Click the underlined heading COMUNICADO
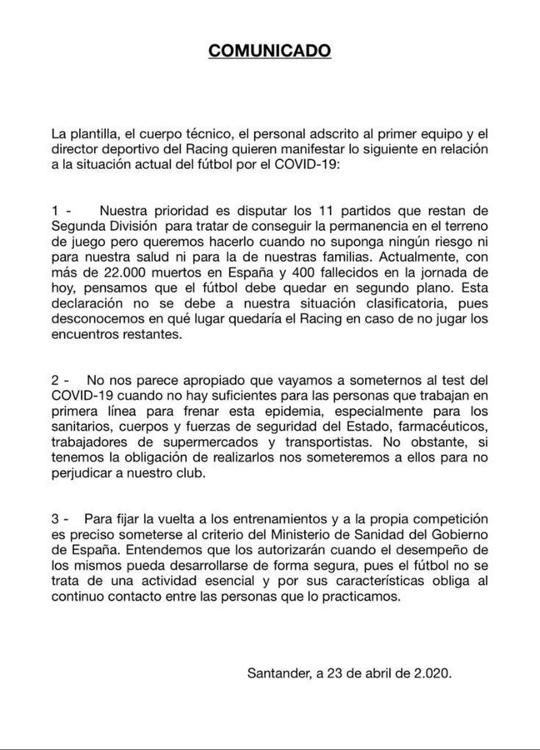pyautogui.click(x=269, y=52)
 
